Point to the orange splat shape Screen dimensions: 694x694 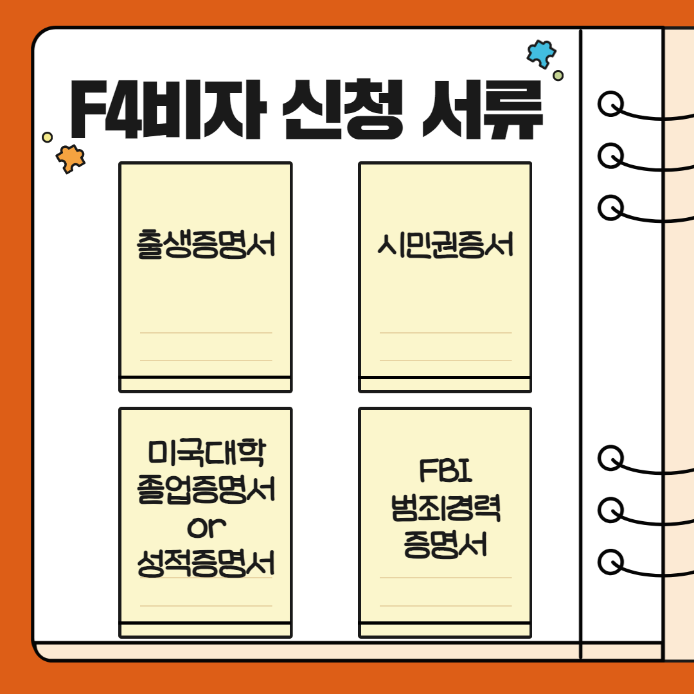(69, 158)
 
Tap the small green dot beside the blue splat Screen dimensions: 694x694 (558, 76)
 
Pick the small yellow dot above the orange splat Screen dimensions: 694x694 (47, 137)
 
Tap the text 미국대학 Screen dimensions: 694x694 (206, 455)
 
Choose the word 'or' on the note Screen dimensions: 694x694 (206, 528)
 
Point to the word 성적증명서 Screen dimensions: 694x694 (206, 564)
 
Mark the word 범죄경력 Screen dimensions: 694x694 (445, 510)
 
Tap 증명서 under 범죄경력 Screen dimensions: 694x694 (445, 546)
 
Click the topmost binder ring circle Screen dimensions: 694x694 (610, 103)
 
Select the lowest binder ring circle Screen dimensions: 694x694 (610, 562)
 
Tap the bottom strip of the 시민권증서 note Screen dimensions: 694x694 (445, 384)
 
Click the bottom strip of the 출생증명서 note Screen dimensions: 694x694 (206, 384)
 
